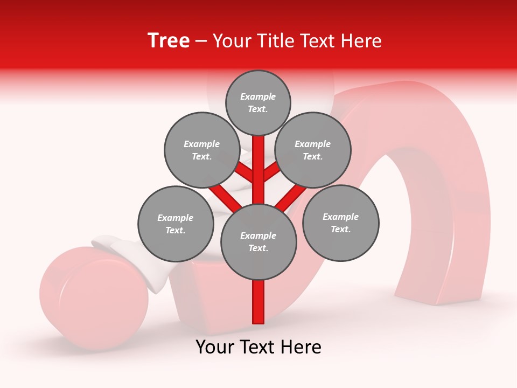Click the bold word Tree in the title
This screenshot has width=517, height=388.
click(169, 41)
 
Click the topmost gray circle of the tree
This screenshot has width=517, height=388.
click(258, 102)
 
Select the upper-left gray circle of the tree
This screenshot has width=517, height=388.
click(202, 150)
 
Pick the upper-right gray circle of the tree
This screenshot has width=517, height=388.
click(313, 150)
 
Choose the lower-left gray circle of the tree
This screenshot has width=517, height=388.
click(176, 224)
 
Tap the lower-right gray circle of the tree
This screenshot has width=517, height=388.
click(340, 223)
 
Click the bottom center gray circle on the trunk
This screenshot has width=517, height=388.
click(258, 242)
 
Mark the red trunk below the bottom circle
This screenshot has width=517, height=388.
click(258, 302)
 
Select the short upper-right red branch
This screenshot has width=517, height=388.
click(271, 172)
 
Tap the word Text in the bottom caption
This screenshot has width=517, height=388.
click(259, 347)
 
